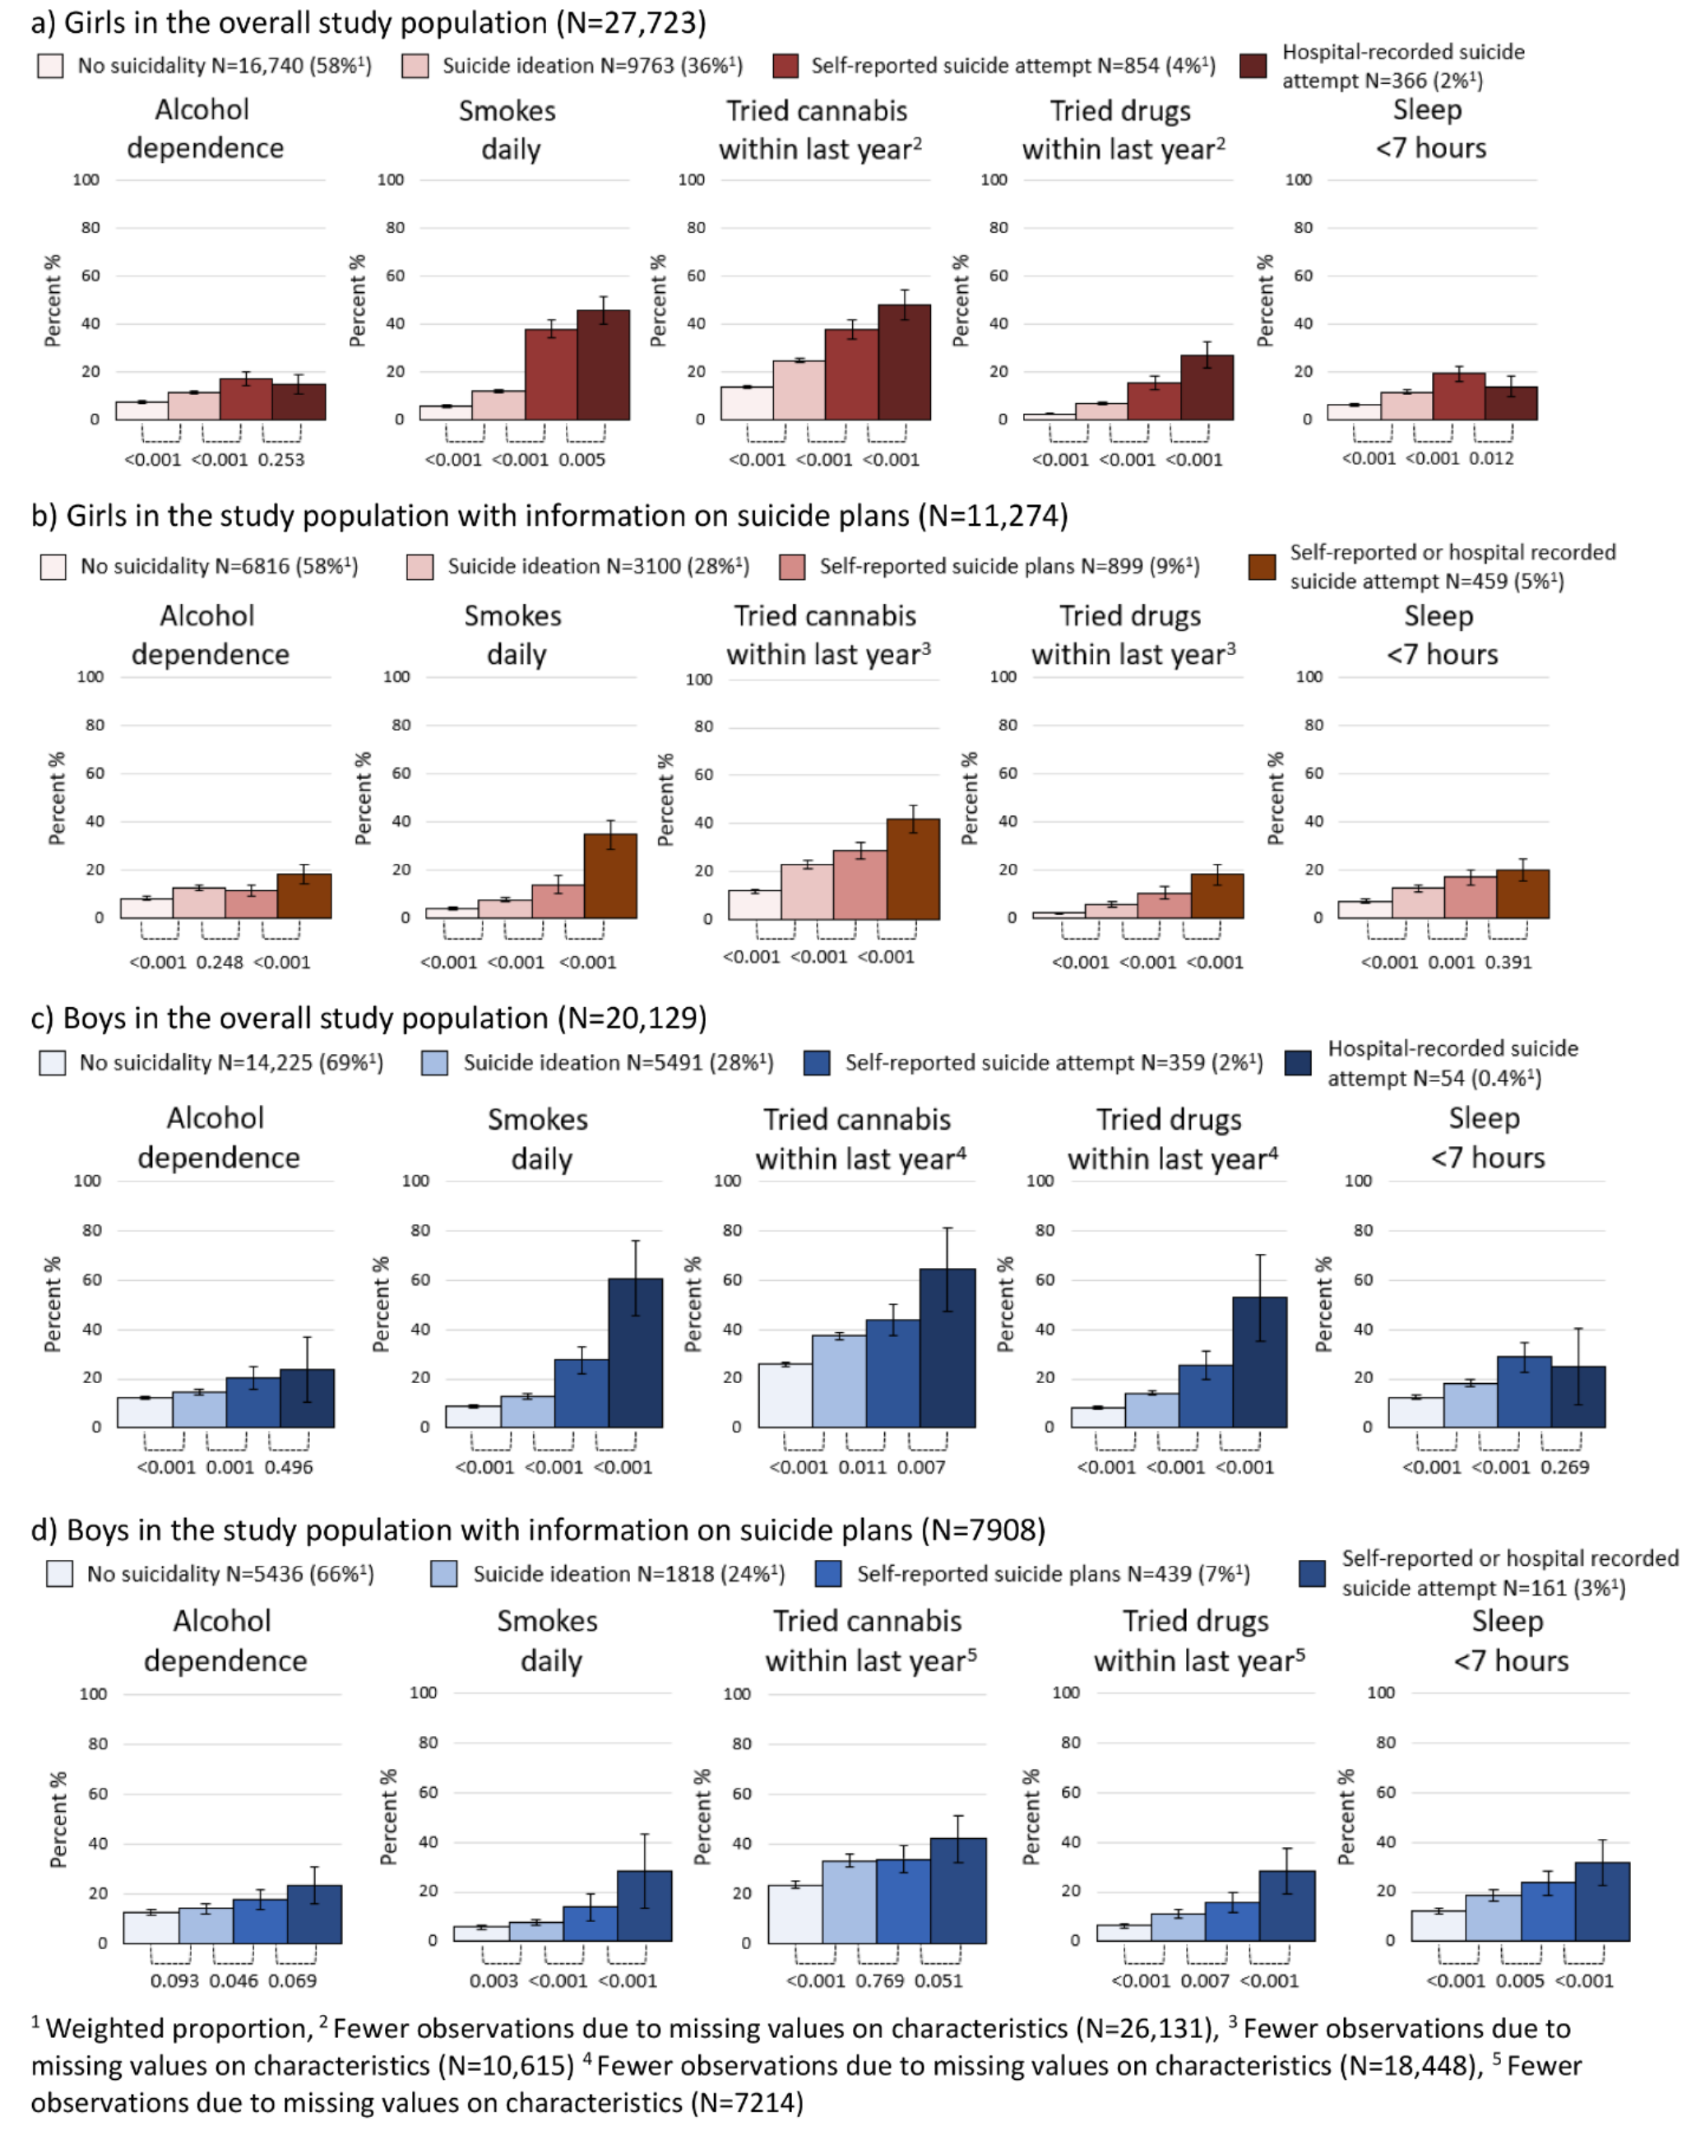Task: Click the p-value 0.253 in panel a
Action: (x=280, y=460)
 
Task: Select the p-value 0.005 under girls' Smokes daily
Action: (x=581, y=460)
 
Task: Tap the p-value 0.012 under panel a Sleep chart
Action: (x=1490, y=458)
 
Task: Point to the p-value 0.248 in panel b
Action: (x=220, y=962)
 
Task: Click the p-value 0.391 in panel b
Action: (x=1508, y=962)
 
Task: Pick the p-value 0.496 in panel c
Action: (x=289, y=1467)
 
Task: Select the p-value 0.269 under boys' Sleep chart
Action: (x=1564, y=1467)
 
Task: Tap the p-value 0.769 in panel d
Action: (x=877, y=1980)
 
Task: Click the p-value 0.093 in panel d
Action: (x=174, y=1980)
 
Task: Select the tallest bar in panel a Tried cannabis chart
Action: (x=903, y=363)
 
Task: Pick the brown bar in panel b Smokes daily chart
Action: (x=609, y=877)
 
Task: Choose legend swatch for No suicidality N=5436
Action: (x=59, y=1573)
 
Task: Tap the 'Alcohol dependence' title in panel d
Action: (x=225, y=1641)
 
